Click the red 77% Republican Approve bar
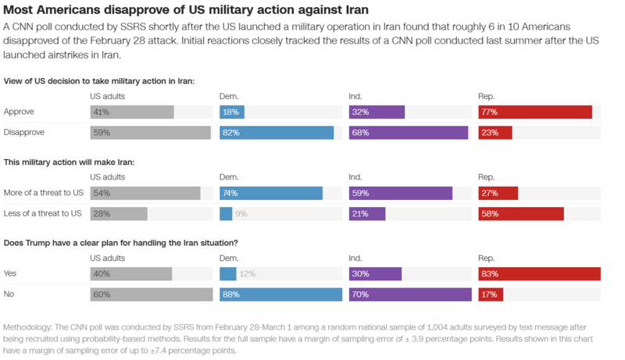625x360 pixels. (x=535, y=112)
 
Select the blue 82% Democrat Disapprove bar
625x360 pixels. (x=277, y=133)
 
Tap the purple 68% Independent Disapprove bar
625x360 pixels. (x=408, y=133)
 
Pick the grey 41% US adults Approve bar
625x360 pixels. (x=132, y=112)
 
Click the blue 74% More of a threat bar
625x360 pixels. (x=271, y=193)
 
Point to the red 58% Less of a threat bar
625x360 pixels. (x=520, y=214)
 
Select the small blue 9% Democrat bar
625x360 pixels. (x=226, y=214)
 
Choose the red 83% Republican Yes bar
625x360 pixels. (x=539, y=273)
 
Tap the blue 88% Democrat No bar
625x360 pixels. (x=281, y=294)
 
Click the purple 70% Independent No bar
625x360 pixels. (x=410, y=294)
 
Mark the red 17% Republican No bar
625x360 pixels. (x=491, y=294)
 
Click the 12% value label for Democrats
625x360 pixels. (x=247, y=273)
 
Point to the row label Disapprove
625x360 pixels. (x=24, y=133)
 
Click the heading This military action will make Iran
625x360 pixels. (x=70, y=162)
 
